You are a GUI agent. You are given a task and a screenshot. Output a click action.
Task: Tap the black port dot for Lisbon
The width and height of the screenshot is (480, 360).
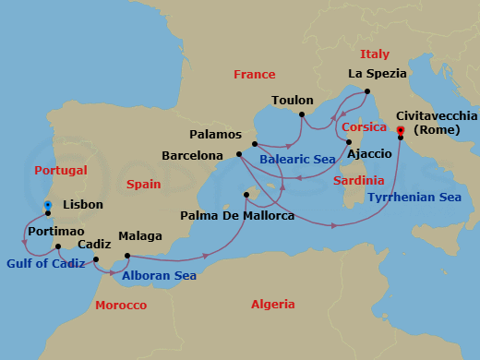[x=48, y=213]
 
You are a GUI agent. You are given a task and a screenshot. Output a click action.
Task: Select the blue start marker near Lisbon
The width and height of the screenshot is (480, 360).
[x=48, y=205]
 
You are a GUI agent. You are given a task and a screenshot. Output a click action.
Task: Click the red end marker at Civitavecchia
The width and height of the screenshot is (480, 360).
[x=401, y=130]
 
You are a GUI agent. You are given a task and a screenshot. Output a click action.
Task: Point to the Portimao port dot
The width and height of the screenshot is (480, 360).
[x=58, y=246]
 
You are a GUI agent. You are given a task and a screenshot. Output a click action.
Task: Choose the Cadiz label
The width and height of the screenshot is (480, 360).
[x=94, y=245]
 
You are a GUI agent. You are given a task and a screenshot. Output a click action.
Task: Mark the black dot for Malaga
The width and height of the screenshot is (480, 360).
[x=126, y=256]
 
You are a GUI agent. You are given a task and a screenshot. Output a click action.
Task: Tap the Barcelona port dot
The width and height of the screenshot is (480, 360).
[x=238, y=154]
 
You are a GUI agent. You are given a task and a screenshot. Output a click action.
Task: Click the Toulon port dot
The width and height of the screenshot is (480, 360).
[x=302, y=115]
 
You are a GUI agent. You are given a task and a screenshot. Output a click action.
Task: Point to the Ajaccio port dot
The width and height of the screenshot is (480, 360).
[x=349, y=142]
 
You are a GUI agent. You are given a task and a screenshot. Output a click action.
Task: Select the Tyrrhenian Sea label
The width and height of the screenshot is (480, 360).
[x=414, y=198]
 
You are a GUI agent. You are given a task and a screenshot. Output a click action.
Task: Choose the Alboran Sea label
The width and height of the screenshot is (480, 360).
[x=160, y=274]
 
